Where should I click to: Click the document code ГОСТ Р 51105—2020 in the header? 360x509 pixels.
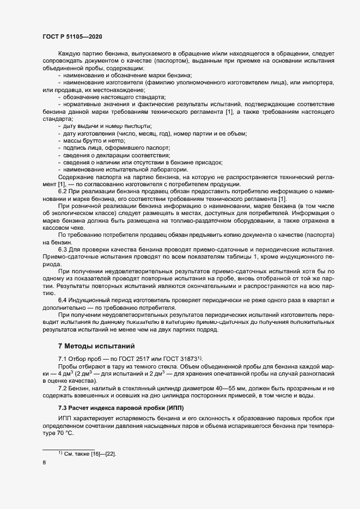pyautogui.click(x=72, y=36)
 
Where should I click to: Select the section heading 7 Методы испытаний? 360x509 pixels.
pyautogui.click(x=95, y=346)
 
